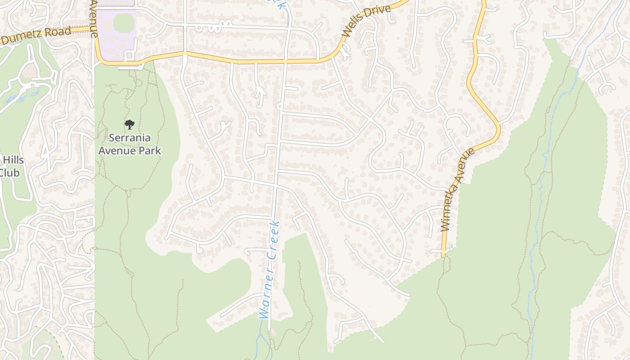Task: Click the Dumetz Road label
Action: [x=36, y=36]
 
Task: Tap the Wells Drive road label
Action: [x=365, y=21]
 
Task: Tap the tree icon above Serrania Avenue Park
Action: [x=130, y=124]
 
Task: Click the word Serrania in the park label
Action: [x=130, y=138]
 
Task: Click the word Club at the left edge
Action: [x=9, y=173]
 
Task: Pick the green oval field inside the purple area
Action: [x=124, y=22]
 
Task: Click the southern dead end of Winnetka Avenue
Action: [x=443, y=255]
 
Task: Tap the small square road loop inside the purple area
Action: [x=129, y=56]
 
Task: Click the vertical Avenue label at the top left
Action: [x=94, y=18]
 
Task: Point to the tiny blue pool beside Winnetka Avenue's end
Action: [x=450, y=246]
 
